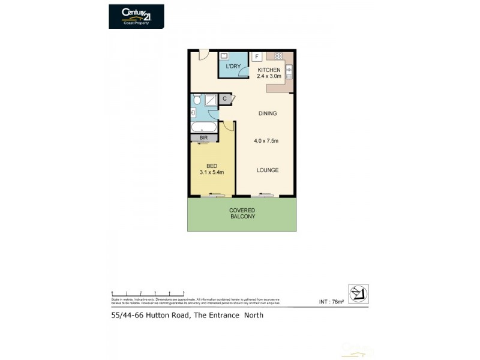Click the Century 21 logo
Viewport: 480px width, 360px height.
(x=136, y=16)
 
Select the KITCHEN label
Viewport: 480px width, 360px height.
(x=268, y=70)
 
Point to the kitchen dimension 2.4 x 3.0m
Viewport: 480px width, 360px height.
(x=268, y=77)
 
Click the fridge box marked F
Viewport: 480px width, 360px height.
(x=257, y=56)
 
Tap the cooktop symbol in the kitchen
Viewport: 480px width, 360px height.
(x=278, y=56)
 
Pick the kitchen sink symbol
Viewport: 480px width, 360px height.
(x=289, y=71)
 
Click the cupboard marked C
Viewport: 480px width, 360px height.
(x=224, y=98)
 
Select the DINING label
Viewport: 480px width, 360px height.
(x=268, y=113)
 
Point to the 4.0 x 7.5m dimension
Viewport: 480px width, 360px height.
(x=267, y=142)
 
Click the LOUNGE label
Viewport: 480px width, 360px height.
(x=268, y=170)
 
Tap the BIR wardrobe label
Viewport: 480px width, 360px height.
(x=203, y=138)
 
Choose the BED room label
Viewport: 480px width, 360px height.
(x=211, y=166)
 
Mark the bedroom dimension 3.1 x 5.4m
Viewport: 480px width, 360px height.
(x=212, y=172)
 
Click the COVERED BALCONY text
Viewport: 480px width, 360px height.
(x=242, y=213)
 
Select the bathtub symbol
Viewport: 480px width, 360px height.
(x=203, y=127)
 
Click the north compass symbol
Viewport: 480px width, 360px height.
(x=358, y=293)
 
